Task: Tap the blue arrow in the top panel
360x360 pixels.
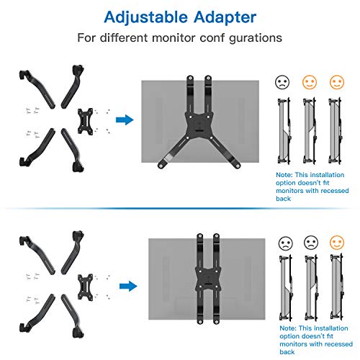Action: [123, 120]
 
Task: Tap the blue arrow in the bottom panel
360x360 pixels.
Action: [128, 286]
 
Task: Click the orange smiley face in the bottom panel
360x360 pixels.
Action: [335, 243]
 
